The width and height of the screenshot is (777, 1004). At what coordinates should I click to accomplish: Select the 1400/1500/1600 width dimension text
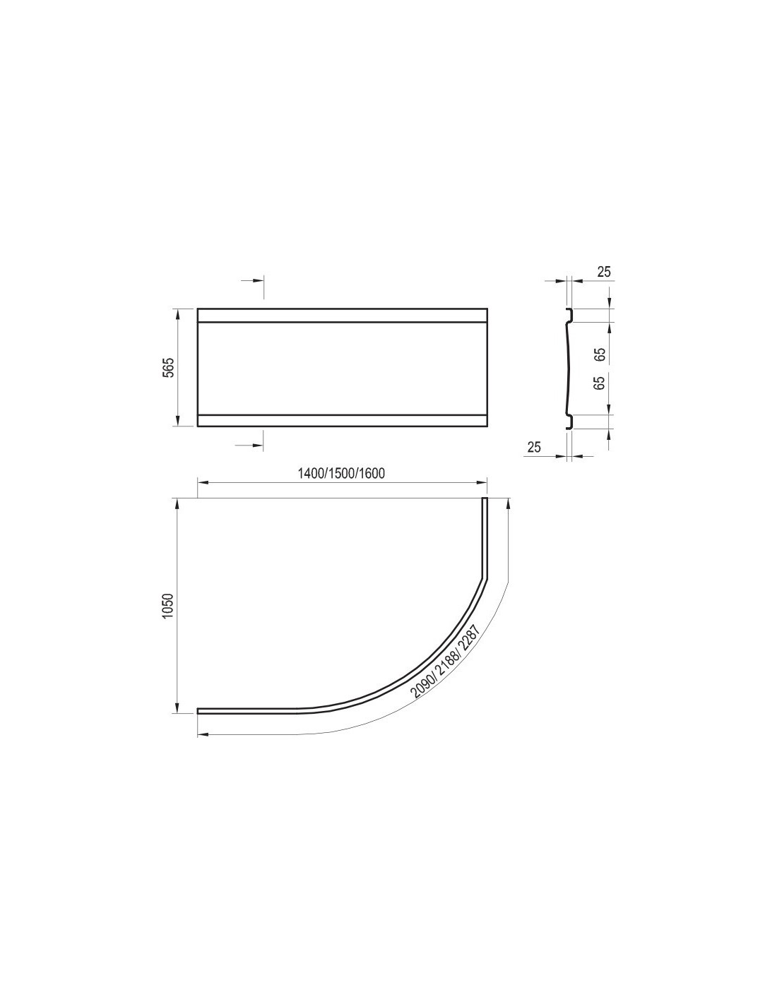[x=342, y=474]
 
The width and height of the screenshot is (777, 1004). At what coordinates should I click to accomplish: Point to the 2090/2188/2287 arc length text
[x=446, y=663]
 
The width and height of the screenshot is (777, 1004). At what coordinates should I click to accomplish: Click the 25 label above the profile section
[x=604, y=272]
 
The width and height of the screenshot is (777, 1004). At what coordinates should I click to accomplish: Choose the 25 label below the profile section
[x=533, y=447]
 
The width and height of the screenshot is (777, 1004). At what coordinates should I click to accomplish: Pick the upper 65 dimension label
[x=600, y=354]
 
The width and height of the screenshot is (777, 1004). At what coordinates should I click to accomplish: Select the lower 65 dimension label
[x=600, y=383]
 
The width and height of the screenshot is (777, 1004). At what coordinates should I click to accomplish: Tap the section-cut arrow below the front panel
[x=249, y=445]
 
